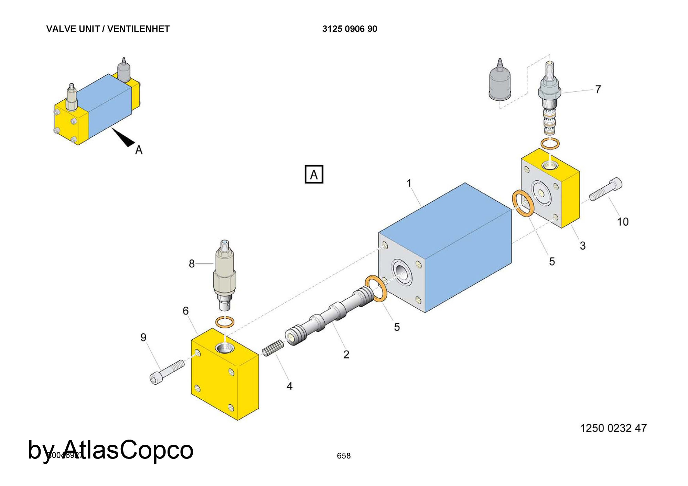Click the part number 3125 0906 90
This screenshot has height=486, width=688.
point(350,29)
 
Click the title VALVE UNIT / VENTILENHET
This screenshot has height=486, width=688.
point(108,29)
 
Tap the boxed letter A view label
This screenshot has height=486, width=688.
point(314,175)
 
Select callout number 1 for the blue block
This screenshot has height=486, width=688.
point(409,183)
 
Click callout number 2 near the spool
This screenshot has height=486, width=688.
point(346,354)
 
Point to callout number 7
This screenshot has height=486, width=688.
point(598,89)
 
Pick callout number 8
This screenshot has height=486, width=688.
point(192,264)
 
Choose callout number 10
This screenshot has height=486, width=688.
point(623,222)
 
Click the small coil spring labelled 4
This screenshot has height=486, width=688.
point(273,348)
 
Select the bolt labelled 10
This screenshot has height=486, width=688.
point(605,189)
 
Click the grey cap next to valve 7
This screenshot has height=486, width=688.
point(499,82)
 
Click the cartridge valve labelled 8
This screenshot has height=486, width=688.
point(225,275)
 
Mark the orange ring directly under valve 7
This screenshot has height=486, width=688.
point(550,143)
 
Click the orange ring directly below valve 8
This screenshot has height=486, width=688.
point(225,322)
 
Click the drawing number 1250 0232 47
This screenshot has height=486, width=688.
point(613,428)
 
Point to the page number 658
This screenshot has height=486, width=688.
point(344,456)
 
